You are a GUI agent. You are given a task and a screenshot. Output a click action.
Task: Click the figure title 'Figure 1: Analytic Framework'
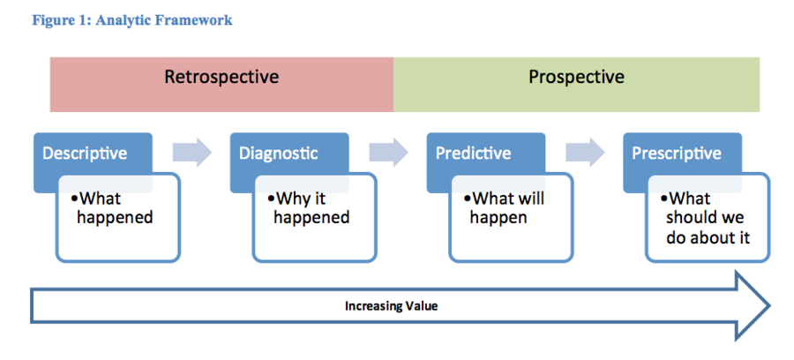tap(132, 21)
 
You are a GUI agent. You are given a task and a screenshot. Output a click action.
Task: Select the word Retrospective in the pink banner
tap(221, 78)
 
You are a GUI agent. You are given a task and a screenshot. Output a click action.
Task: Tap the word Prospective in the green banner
tap(576, 78)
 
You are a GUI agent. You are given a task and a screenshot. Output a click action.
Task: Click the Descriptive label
tap(85, 154)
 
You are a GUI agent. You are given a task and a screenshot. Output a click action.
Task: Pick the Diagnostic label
tap(279, 154)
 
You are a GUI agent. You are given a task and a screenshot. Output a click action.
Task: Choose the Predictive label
tap(474, 154)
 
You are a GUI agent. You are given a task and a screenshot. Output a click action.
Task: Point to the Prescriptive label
tap(677, 154)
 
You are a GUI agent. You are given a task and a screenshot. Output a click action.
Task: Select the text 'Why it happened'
tap(309, 207)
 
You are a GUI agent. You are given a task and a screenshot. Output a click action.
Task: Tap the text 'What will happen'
tap(505, 207)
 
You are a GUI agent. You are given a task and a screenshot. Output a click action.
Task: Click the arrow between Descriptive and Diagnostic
tap(191, 152)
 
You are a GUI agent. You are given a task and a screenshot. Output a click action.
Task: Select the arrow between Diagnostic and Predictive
tap(388, 152)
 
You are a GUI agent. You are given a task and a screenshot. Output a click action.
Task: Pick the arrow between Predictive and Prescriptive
tap(585, 152)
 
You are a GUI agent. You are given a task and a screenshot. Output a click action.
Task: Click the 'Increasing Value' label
tap(391, 306)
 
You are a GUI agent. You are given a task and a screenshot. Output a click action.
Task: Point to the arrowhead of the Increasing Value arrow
tap(769, 306)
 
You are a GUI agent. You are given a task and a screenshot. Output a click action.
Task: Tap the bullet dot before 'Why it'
tap(271, 199)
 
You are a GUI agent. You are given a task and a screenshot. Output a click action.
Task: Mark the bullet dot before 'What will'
tap(468, 199)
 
